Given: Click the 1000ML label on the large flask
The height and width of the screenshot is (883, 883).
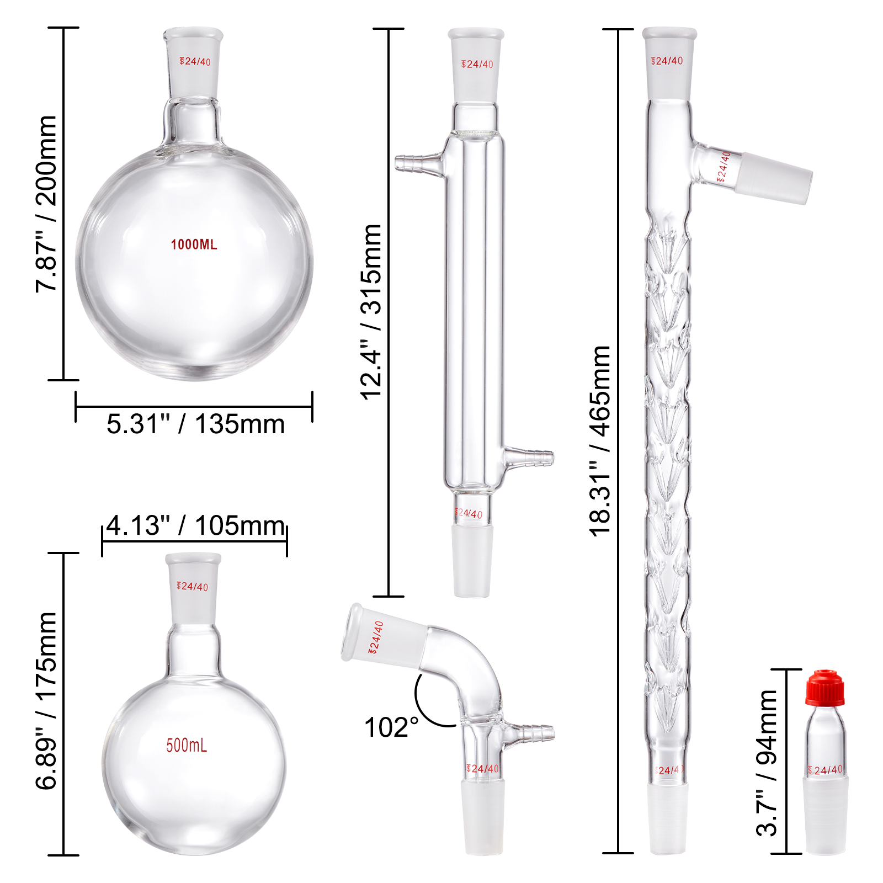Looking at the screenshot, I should [194, 244].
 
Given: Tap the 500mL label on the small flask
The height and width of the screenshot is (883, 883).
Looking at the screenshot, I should [187, 746].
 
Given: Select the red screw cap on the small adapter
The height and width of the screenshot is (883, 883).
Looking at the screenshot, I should [825, 688].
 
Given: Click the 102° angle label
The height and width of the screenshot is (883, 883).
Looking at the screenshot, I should [391, 727].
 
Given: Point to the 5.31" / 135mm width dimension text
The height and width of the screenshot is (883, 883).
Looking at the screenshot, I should [195, 424].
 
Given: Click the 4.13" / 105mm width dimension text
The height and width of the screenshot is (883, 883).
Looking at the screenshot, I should [195, 525].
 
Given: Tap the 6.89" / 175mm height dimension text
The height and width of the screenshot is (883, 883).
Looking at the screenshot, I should [46, 700].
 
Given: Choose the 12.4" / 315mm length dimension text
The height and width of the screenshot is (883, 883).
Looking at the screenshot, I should [371, 311].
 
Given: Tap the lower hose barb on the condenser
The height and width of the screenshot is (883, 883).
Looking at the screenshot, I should [531, 458].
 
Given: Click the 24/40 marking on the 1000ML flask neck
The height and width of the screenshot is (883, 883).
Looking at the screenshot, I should [195, 61].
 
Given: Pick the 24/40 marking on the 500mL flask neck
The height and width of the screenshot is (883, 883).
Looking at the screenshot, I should [193, 587].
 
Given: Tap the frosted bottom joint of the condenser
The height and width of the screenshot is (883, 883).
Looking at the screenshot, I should [472, 560].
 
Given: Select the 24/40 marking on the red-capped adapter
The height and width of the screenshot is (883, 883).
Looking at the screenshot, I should [825, 770].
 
